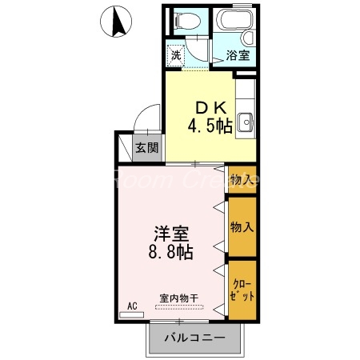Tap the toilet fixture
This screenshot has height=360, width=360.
point(190,22)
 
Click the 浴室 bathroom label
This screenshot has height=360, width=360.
point(238,56)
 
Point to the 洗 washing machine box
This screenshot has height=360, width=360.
point(175,55)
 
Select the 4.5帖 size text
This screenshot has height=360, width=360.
point(210,126)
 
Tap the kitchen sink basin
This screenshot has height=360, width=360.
point(246,122)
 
